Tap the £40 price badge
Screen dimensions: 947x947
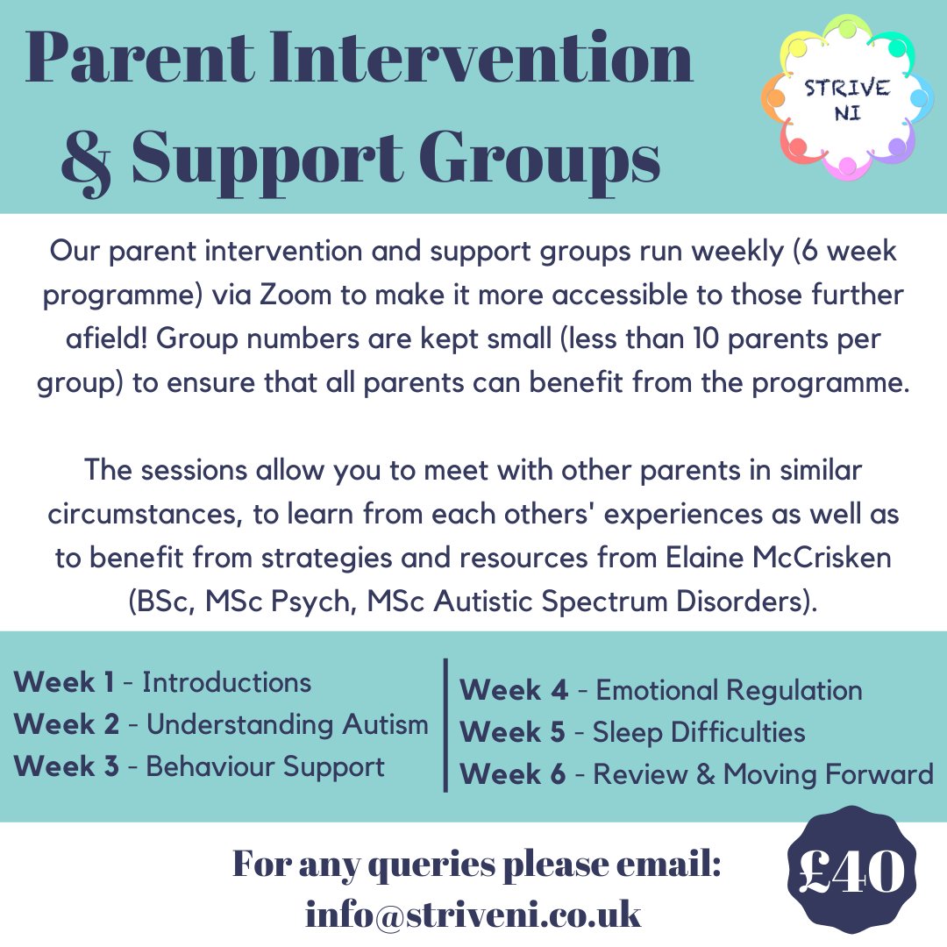click(851, 872)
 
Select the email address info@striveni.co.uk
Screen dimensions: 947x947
click(473, 914)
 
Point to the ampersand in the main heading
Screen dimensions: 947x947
click(85, 158)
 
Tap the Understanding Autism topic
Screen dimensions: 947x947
click(287, 724)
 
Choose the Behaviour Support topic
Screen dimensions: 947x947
click(265, 766)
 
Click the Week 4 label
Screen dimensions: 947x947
click(514, 690)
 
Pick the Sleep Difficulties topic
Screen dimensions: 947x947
click(699, 732)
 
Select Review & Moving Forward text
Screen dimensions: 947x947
click(763, 774)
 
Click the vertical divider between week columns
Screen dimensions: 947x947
click(445, 724)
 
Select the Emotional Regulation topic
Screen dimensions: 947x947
click(729, 690)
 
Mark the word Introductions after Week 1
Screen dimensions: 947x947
click(226, 682)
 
